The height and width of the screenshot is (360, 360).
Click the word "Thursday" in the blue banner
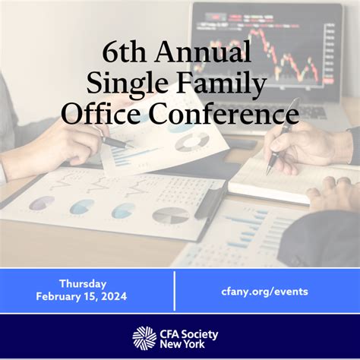(83, 284)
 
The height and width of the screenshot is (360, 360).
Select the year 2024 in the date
(114, 296)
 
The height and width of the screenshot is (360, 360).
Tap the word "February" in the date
(57, 297)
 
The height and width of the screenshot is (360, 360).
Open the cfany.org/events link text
(264, 292)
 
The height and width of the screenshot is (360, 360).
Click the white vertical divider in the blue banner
(175, 291)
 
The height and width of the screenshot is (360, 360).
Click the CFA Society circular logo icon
(144, 338)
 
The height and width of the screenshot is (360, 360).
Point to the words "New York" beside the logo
(182, 344)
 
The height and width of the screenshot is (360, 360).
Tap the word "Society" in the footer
(200, 335)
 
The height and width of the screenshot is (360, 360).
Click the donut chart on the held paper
(192, 142)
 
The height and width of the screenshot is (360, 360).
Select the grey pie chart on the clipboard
(171, 216)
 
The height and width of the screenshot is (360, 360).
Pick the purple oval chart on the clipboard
(42, 203)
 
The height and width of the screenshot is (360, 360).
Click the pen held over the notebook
(283, 137)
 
